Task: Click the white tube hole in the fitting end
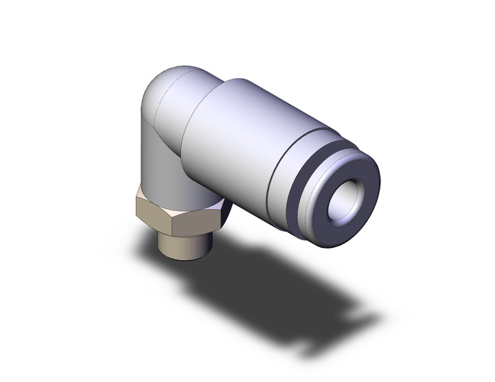(347, 206)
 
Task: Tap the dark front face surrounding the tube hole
(329, 224)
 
